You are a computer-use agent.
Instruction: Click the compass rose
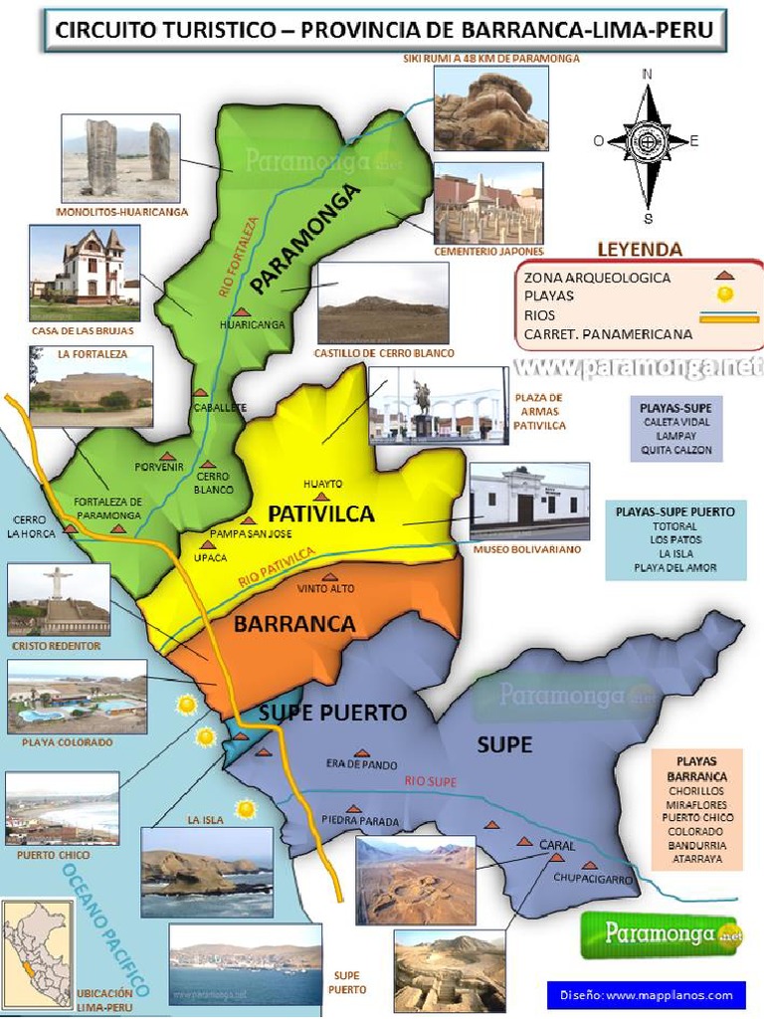click(x=648, y=142)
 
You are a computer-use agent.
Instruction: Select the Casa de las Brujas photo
click(x=85, y=265)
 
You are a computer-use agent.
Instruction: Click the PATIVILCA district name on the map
click(x=320, y=513)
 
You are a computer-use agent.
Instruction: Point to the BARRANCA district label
click(x=294, y=624)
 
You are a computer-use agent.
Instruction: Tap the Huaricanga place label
click(x=252, y=324)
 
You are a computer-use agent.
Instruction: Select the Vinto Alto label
click(x=325, y=588)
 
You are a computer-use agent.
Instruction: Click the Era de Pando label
click(x=361, y=765)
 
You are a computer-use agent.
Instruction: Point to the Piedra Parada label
click(x=360, y=821)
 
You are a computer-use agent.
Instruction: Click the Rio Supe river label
click(x=430, y=782)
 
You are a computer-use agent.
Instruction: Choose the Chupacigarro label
click(x=593, y=880)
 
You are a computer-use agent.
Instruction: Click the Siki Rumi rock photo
click(x=490, y=107)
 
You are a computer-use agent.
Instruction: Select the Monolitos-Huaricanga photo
click(x=120, y=157)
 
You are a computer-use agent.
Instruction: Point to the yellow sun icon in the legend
click(x=726, y=294)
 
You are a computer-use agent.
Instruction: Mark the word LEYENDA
click(x=639, y=249)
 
